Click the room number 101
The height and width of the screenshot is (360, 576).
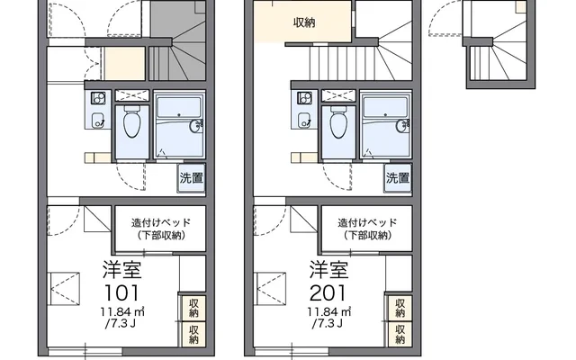click(x=121, y=292)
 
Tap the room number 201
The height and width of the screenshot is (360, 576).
click(x=328, y=292)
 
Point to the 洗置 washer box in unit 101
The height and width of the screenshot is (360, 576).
click(x=191, y=178)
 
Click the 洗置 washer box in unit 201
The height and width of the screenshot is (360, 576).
click(x=398, y=178)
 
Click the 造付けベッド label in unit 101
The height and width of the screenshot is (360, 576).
click(x=161, y=222)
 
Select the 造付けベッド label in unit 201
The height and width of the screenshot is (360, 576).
click(x=367, y=222)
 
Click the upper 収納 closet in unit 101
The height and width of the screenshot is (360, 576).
click(x=193, y=308)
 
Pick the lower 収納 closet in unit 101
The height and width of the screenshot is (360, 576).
click(x=193, y=334)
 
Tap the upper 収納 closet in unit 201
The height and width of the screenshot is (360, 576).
click(x=400, y=308)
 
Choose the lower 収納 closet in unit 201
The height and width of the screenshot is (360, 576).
click(x=400, y=334)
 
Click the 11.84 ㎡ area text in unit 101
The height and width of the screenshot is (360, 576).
click(x=122, y=312)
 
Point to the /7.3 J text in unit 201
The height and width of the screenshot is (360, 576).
click(x=328, y=324)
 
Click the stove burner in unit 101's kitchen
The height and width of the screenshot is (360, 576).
click(x=98, y=98)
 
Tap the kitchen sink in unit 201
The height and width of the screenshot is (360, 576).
click(x=304, y=120)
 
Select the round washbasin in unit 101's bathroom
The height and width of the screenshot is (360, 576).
click(x=196, y=126)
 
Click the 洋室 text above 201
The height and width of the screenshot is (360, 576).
click(x=328, y=270)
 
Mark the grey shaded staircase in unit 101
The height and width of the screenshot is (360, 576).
click(x=177, y=40)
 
